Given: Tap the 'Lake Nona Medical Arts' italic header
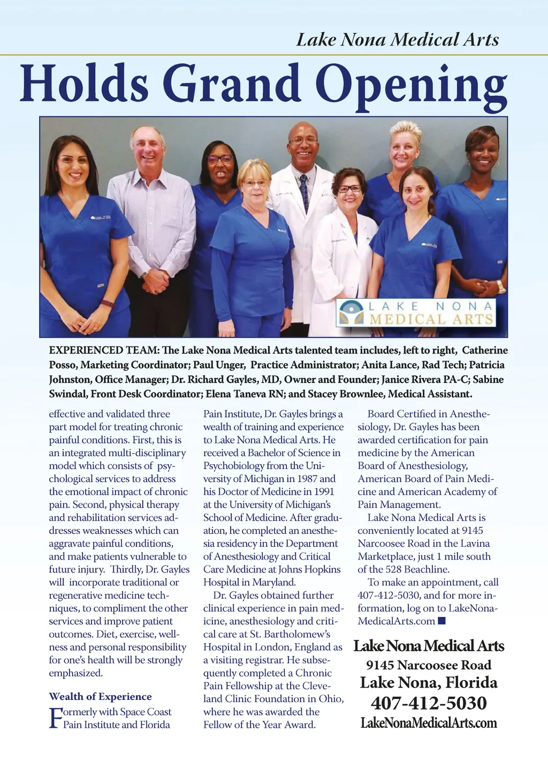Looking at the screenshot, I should coord(397,40).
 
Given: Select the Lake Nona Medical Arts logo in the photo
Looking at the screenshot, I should coord(416,313).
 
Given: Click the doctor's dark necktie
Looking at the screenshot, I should coord(304,192).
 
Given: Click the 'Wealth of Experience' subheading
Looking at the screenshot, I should coord(100,696).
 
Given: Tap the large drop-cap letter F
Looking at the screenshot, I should coord(55,718).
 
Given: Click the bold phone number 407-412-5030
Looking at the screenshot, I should coord(429,703).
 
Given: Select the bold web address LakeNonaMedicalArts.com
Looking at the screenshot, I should coord(429,723).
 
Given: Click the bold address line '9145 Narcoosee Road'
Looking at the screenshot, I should coord(429,665).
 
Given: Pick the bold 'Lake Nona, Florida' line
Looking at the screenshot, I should coord(429,683).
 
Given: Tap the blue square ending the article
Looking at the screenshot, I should coord(442,621).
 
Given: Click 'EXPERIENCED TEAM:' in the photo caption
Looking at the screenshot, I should coord(104,350).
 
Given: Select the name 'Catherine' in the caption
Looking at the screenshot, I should coord(484,350).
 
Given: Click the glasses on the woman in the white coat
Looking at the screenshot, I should coord(349,189).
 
